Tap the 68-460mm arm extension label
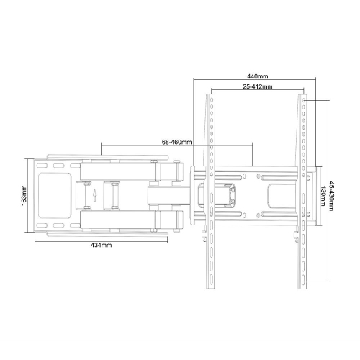point(176,142)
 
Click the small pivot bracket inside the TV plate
point(230,194)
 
